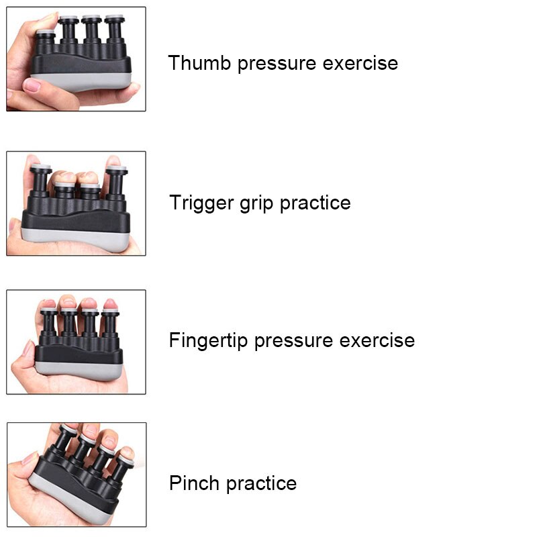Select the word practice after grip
pos(315,203)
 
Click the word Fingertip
pos(209,341)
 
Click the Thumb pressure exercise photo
pos(76,59)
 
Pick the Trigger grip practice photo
pos(76,203)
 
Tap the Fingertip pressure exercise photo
pos(76,342)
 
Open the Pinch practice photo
pos(76,474)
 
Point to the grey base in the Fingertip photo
pos(81,368)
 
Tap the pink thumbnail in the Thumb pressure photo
pos(32,85)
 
